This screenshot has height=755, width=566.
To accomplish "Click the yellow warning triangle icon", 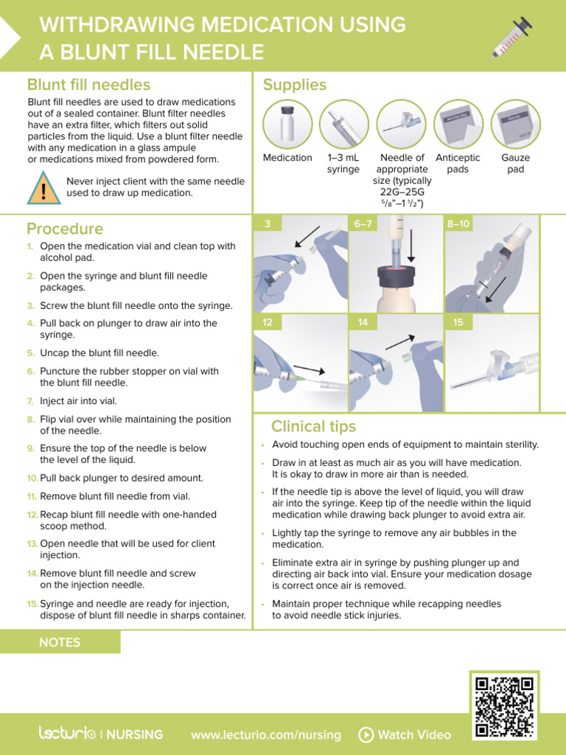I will (x=44, y=189).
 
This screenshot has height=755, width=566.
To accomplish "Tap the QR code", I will (x=504, y=706).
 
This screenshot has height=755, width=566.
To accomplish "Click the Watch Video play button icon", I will (x=366, y=734).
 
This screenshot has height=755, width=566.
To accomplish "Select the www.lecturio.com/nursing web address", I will (x=265, y=734).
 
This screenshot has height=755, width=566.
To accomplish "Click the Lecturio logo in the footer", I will (x=67, y=734).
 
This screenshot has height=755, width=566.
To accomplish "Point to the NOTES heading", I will (x=60, y=642).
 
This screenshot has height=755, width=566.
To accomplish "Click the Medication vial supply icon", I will (x=287, y=124).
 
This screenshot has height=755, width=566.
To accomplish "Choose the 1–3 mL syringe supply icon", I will (x=343, y=124).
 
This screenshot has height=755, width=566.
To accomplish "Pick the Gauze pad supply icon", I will (x=515, y=124).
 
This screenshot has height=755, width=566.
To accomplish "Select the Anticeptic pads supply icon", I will (x=458, y=124).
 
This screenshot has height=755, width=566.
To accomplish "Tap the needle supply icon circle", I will (x=402, y=124).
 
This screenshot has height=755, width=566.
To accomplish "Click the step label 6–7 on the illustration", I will (x=363, y=223).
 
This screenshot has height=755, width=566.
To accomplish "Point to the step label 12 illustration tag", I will (x=268, y=322).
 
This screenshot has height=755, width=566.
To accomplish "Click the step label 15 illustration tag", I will (x=458, y=322).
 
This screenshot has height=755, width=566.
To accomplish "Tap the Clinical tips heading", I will (x=313, y=426).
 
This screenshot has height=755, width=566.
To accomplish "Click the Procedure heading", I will (x=65, y=229).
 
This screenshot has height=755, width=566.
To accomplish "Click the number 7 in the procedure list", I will (x=31, y=401).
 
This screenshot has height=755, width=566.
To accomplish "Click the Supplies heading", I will (x=294, y=85).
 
